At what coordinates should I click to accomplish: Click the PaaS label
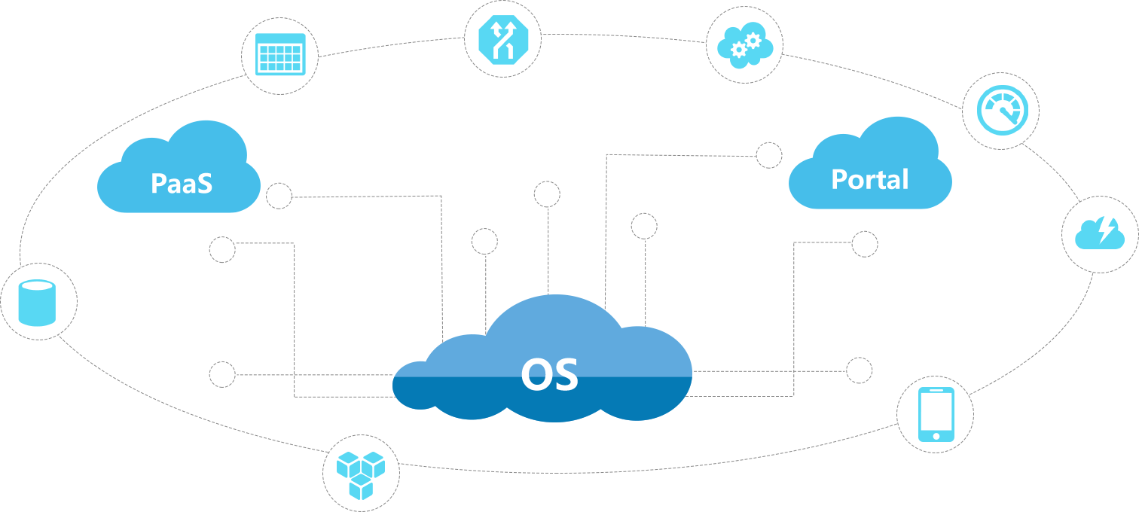(x=181, y=183)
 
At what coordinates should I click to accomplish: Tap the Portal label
(x=869, y=179)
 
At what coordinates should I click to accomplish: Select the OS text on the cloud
(x=549, y=374)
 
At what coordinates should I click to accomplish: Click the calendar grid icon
(x=279, y=55)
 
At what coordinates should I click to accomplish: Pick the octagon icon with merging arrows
(x=502, y=39)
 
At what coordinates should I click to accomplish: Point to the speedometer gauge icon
(x=1000, y=111)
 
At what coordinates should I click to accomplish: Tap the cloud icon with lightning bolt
(x=1099, y=233)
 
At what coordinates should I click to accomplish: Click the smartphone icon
(x=936, y=414)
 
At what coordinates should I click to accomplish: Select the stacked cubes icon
(x=361, y=474)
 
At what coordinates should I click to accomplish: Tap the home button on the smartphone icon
(x=936, y=435)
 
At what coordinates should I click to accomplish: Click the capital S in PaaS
(x=203, y=183)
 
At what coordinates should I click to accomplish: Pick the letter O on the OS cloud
(x=536, y=374)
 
